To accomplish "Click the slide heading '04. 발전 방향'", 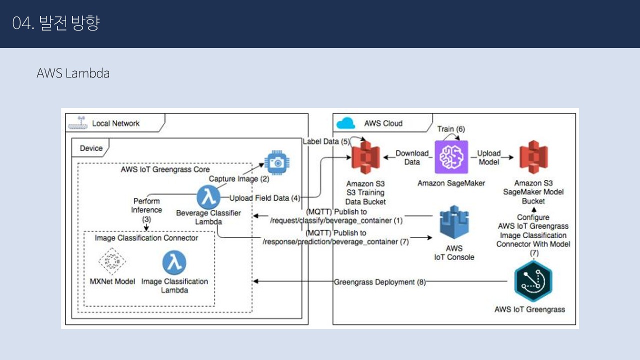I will (x=56, y=23).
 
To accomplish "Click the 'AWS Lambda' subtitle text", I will (x=73, y=73).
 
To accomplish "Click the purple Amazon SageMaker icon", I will (x=451, y=156).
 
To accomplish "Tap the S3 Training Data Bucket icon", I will (x=365, y=157).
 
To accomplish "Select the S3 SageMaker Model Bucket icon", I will (x=533, y=157).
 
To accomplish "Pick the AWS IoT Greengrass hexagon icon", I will (x=532, y=281).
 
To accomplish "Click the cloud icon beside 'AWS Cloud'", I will (x=345, y=123).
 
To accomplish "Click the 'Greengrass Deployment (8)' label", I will (x=379, y=282).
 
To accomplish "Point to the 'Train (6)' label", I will (x=451, y=129).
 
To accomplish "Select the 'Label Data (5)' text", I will (x=326, y=141).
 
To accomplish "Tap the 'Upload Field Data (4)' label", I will (x=264, y=198).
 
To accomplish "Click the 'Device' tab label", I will (x=91, y=148).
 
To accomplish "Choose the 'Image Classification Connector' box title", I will (x=146, y=237).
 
